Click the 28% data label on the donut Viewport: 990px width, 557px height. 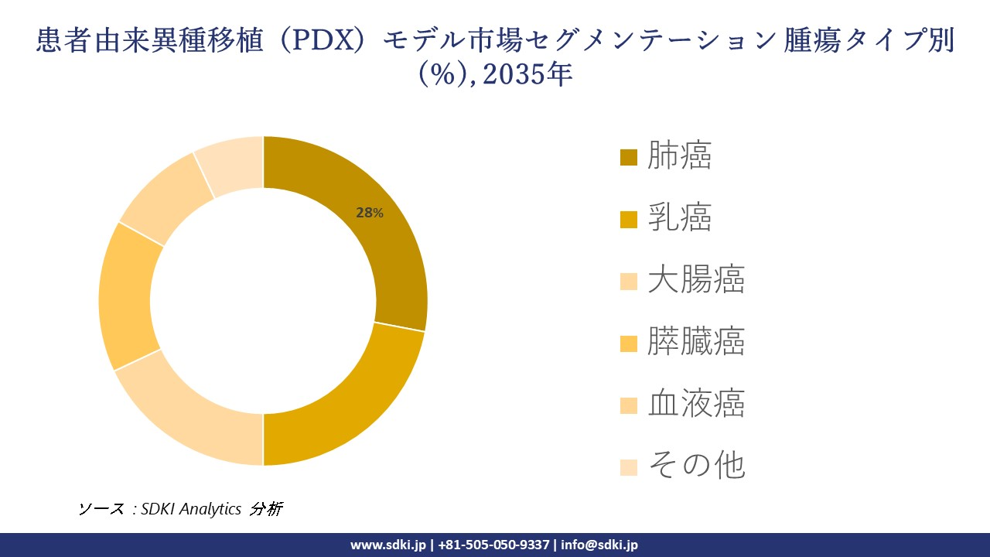coord(369,213)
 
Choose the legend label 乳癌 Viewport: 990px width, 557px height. coord(679,219)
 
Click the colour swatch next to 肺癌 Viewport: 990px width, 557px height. coord(629,158)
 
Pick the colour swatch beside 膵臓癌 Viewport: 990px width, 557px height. coord(629,343)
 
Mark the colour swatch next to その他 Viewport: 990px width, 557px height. coord(629,467)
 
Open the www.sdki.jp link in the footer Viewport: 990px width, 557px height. coord(387,545)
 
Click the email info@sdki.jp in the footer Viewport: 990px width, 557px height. coord(599,545)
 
